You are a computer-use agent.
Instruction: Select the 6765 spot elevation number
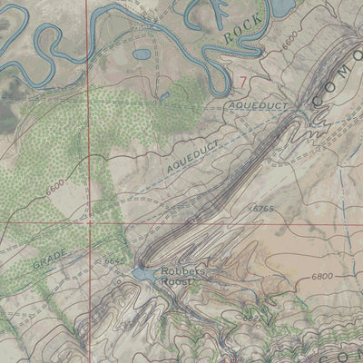264,210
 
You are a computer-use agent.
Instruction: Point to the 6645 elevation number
114,260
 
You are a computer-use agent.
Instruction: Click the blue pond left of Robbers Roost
143,273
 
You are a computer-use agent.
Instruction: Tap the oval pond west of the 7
142,54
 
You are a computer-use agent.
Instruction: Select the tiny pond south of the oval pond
164,93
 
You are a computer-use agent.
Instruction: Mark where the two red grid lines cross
89,221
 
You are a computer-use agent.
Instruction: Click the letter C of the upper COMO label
319,96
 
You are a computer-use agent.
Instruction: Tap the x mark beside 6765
250,209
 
